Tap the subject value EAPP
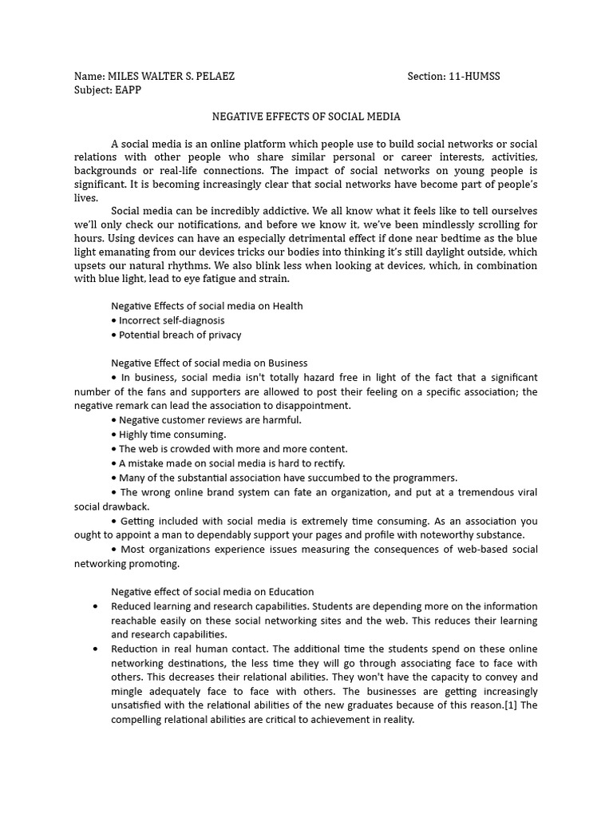tap(128, 89)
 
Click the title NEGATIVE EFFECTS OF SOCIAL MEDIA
tap(306, 117)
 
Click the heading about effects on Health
tap(207, 306)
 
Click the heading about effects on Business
tap(209, 363)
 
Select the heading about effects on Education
tap(212, 592)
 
